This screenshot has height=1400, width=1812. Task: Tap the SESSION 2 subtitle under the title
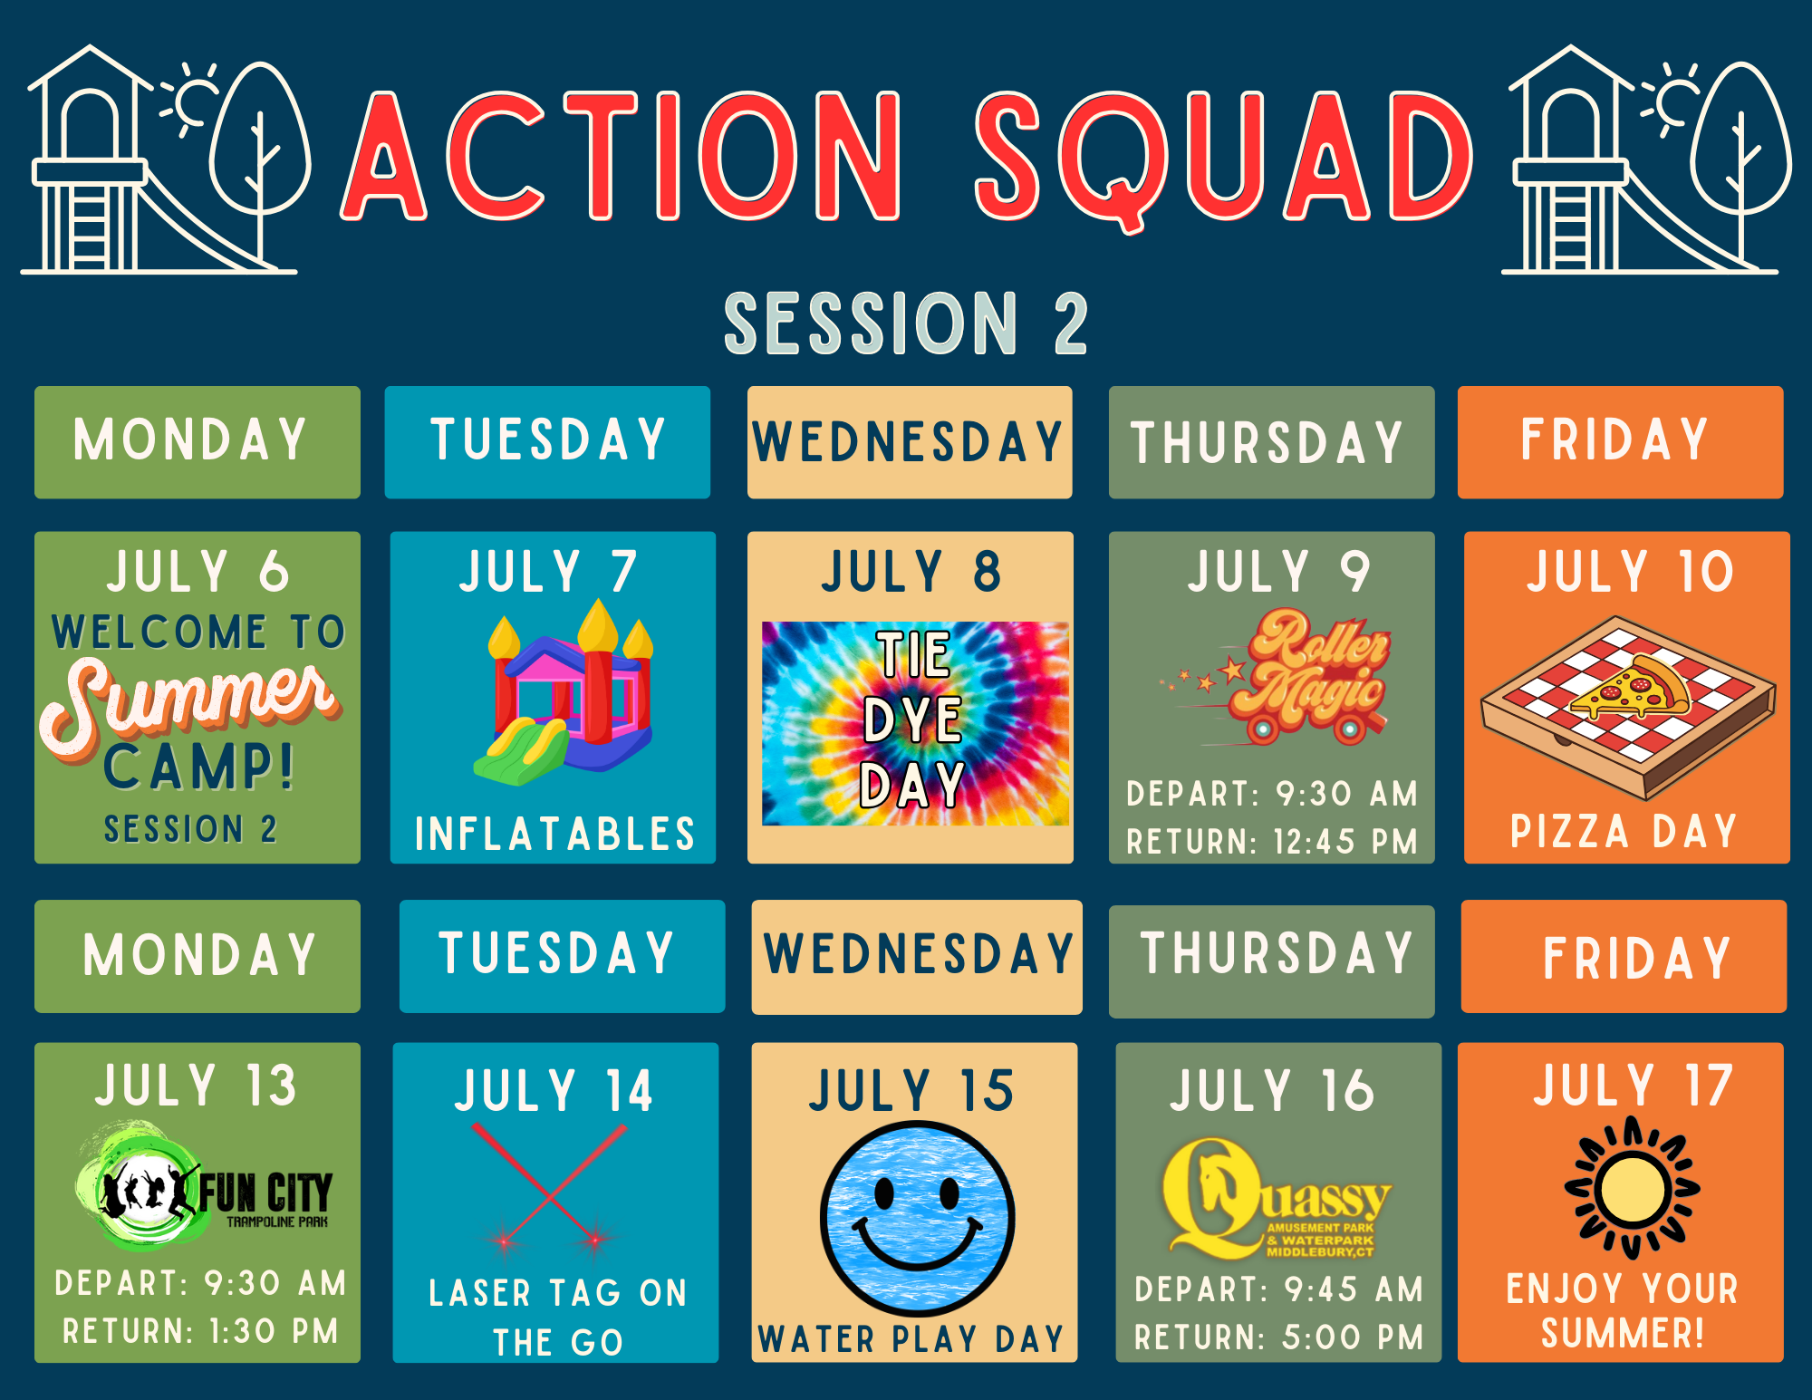[x=906, y=323]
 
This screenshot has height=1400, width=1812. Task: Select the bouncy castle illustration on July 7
[x=564, y=693]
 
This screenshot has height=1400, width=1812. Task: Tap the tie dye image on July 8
[x=915, y=723]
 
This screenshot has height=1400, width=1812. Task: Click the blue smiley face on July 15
[x=917, y=1218]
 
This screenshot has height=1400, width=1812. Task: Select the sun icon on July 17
[x=1633, y=1188]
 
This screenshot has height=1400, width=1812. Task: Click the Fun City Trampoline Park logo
[x=204, y=1187]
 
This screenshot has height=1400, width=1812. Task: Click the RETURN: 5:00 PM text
[x=1278, y=1337]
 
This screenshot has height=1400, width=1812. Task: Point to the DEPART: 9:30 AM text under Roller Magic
[x=1272, y=794]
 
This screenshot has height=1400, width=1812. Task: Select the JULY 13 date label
[x=196, y=1086]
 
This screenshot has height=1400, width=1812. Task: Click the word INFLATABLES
[x=554, y=834]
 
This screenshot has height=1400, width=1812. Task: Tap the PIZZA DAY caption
[x=1624, y=831]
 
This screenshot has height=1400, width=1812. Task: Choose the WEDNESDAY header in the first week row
[x=908, y=441]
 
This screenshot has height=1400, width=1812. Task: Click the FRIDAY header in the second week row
[x=1636, y=959]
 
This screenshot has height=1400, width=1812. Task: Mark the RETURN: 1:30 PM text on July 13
[x=200, y=1331]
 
